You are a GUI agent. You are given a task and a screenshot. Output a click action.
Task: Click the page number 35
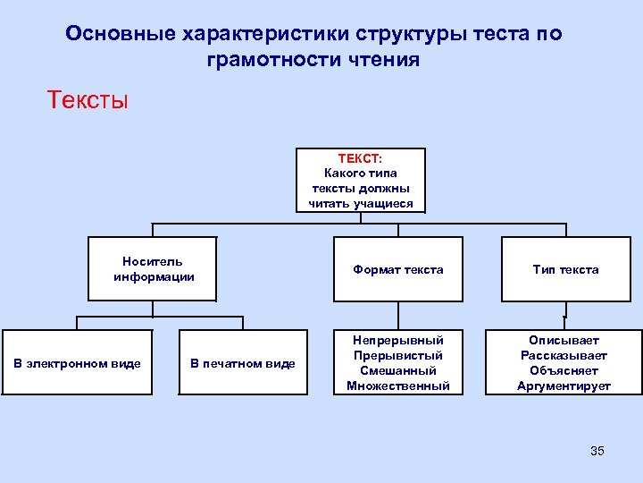(597, 451)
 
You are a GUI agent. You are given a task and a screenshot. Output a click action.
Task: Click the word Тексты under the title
(88, 99)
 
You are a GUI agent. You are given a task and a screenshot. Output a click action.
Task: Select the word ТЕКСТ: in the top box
(360, 158)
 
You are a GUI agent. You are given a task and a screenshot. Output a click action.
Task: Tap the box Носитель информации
(154, 269)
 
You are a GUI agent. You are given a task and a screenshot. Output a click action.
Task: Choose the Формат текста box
(397, 269)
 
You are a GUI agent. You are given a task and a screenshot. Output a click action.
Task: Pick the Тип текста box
(565, 269)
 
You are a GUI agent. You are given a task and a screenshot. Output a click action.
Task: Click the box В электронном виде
(77, 363)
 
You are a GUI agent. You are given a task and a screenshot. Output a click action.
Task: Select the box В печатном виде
(242, 363)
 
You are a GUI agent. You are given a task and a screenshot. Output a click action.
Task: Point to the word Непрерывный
(398, 341)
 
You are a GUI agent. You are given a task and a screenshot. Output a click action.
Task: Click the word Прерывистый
(398, 356)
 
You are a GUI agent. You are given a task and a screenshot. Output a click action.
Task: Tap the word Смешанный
(398, 371)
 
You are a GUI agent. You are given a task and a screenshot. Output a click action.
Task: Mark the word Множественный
(398, 386)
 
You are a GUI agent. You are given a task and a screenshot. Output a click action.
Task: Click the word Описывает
(564, 341)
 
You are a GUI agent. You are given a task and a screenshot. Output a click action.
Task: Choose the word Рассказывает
(564, 356)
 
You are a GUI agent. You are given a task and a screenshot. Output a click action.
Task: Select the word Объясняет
(564, 371)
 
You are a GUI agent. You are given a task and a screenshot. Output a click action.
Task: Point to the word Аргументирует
(564, 386)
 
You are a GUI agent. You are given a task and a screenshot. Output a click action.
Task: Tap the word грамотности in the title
(267, 61)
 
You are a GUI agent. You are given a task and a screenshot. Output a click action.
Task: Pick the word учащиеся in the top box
(384, 203)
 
